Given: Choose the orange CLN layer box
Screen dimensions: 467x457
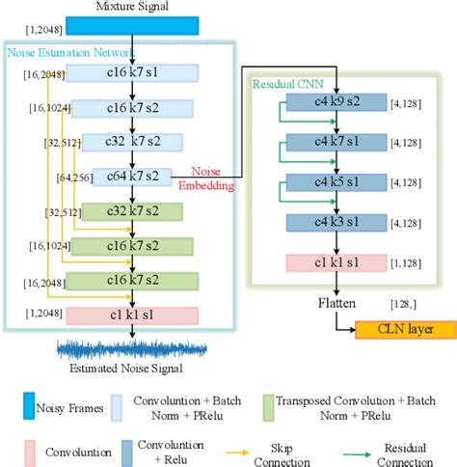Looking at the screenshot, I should tap(405, 331).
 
